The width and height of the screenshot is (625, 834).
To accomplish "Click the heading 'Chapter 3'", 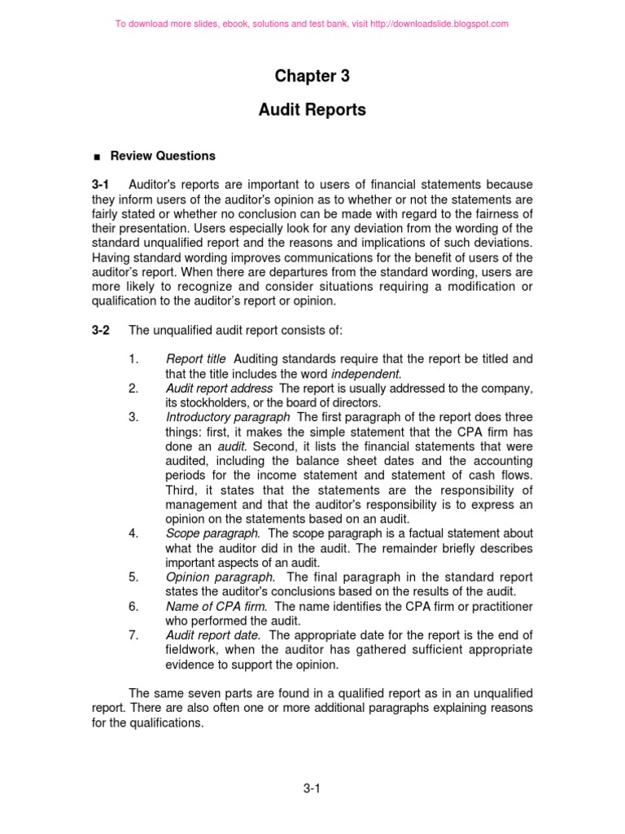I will coord(312,77).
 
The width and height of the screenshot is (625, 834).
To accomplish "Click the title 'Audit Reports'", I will coord(312,110).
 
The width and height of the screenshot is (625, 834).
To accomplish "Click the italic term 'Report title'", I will coord(195,358).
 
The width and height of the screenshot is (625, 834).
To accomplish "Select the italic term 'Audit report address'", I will coord(219,388).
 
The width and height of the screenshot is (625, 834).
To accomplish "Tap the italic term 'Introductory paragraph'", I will coord(228,417).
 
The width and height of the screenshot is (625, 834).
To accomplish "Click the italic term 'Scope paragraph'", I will coord(212,533).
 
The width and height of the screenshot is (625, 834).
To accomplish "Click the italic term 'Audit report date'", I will coord(213,635).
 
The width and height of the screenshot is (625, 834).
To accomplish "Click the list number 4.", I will coord(133,533).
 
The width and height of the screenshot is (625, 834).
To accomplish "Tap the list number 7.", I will coord(133,635).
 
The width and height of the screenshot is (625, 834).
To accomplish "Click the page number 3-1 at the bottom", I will coord(312,788).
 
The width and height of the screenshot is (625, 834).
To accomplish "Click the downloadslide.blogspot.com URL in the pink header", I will coord(439,24).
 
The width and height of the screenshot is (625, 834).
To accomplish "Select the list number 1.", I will coord(133,358).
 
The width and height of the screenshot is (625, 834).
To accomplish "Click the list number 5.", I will coord(133,577).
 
